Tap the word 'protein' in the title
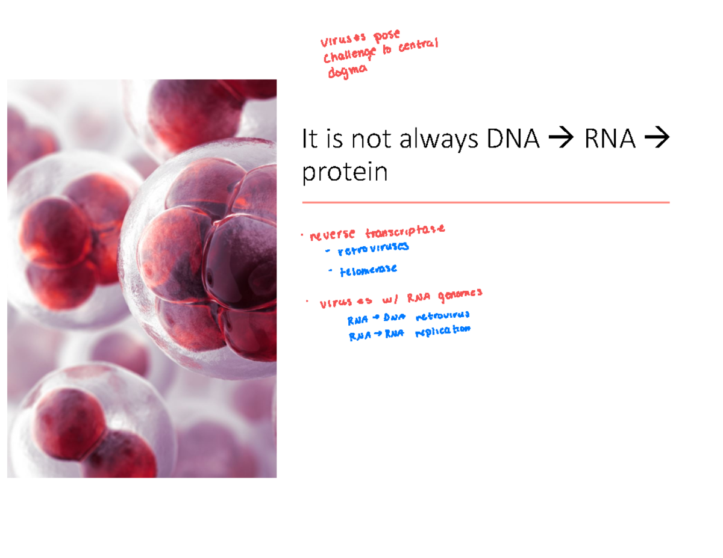[345, 173]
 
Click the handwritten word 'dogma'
[346, 71]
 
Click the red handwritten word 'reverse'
[332, 234]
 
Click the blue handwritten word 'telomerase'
[368, 270]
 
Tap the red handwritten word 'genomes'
[460, 293]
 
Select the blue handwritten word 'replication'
[442, 332]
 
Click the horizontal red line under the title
[486, 203]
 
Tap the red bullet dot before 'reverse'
[302, 235]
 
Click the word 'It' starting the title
[309, 140]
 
